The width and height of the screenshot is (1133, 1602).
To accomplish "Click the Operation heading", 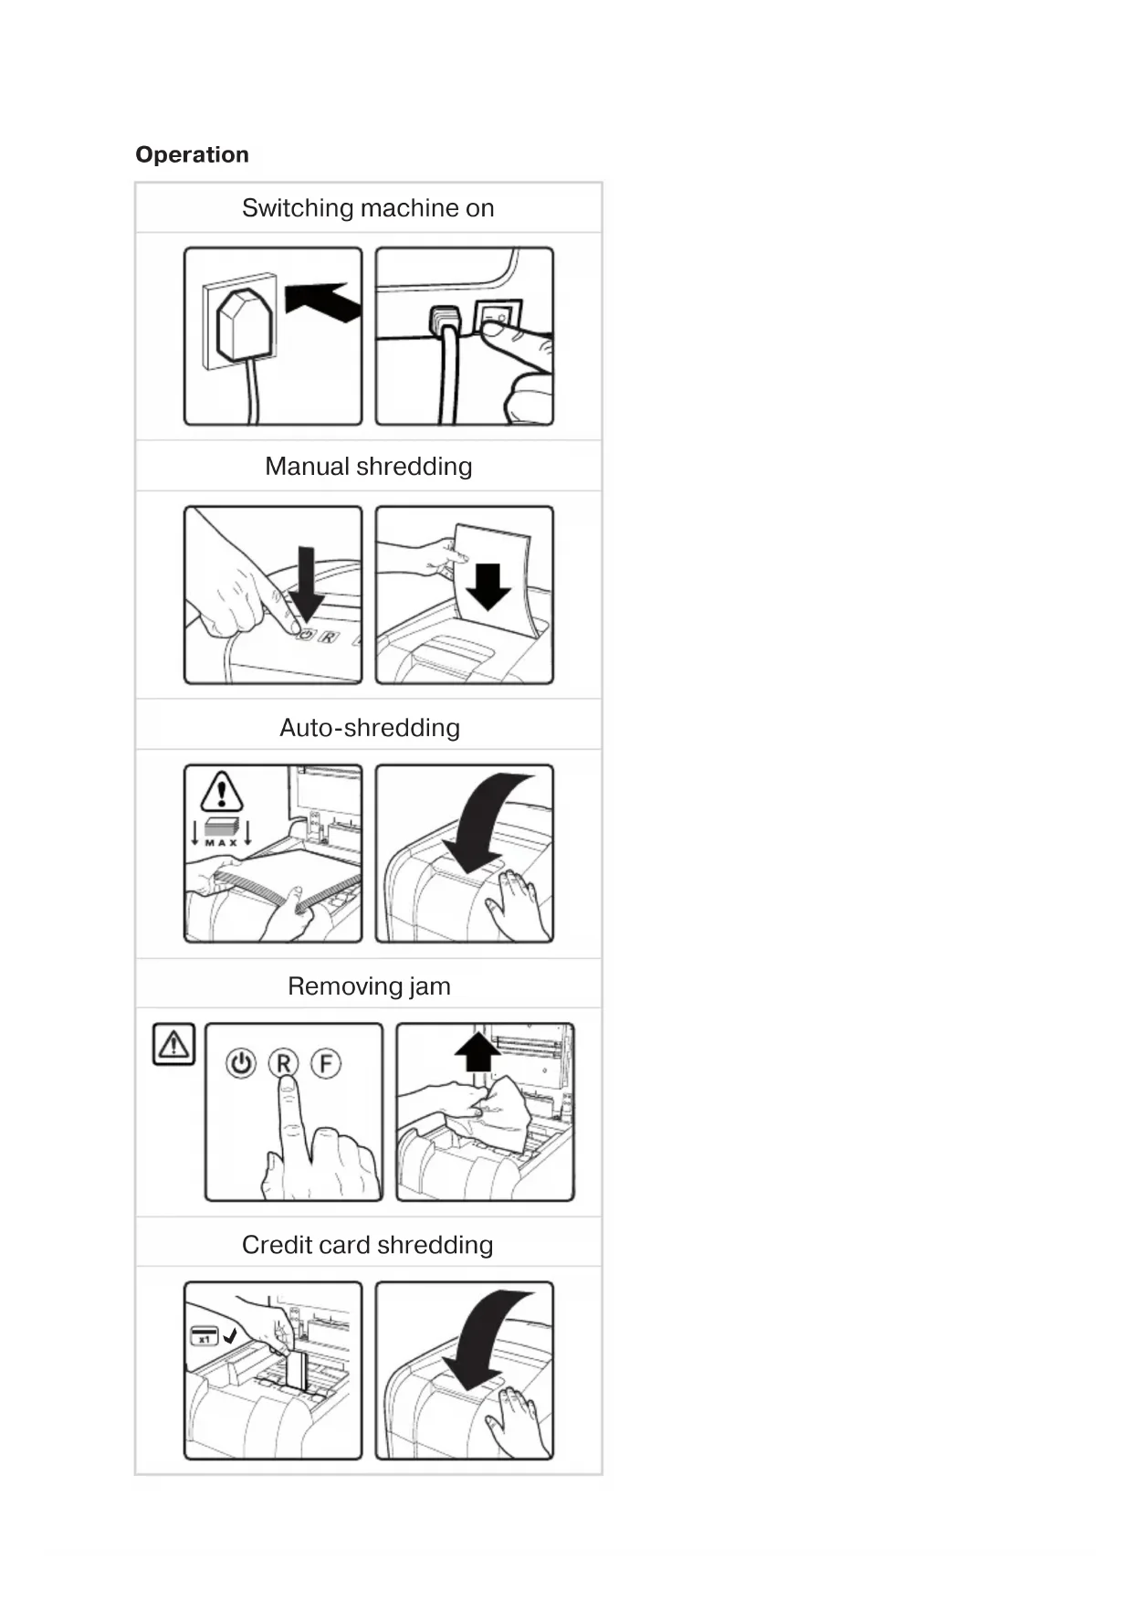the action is [x=192, y=154].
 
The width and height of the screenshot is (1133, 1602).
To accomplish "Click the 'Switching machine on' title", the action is [x=368, y=208].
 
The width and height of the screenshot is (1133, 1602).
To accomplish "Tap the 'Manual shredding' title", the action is [x=368, y=467].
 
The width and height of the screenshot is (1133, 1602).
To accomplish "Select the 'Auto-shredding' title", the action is [x=369, y=728].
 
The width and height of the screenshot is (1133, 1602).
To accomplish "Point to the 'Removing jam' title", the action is [x=369, y=986].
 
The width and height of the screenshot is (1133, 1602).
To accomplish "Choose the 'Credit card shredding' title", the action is [x=368, y=1245].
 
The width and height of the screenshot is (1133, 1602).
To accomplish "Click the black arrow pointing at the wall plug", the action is [x=323, y=300].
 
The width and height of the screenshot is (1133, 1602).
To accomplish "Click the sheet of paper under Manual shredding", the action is [x=494, y=581].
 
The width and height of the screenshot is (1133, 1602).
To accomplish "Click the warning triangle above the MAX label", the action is [x=221, y=792].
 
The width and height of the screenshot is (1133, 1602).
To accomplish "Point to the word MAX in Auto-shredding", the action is [x=221, y=843].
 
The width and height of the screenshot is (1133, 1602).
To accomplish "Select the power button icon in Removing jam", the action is [x=241, y=1063].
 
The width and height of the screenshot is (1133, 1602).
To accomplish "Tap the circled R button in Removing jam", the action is [x=284, y=1063].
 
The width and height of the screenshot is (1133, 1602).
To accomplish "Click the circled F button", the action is [x=326, y=1063].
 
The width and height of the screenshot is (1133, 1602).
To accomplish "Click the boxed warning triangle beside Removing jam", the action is [x=173, y=1044].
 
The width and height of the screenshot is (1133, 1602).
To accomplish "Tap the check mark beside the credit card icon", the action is [x=230, y=1335].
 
